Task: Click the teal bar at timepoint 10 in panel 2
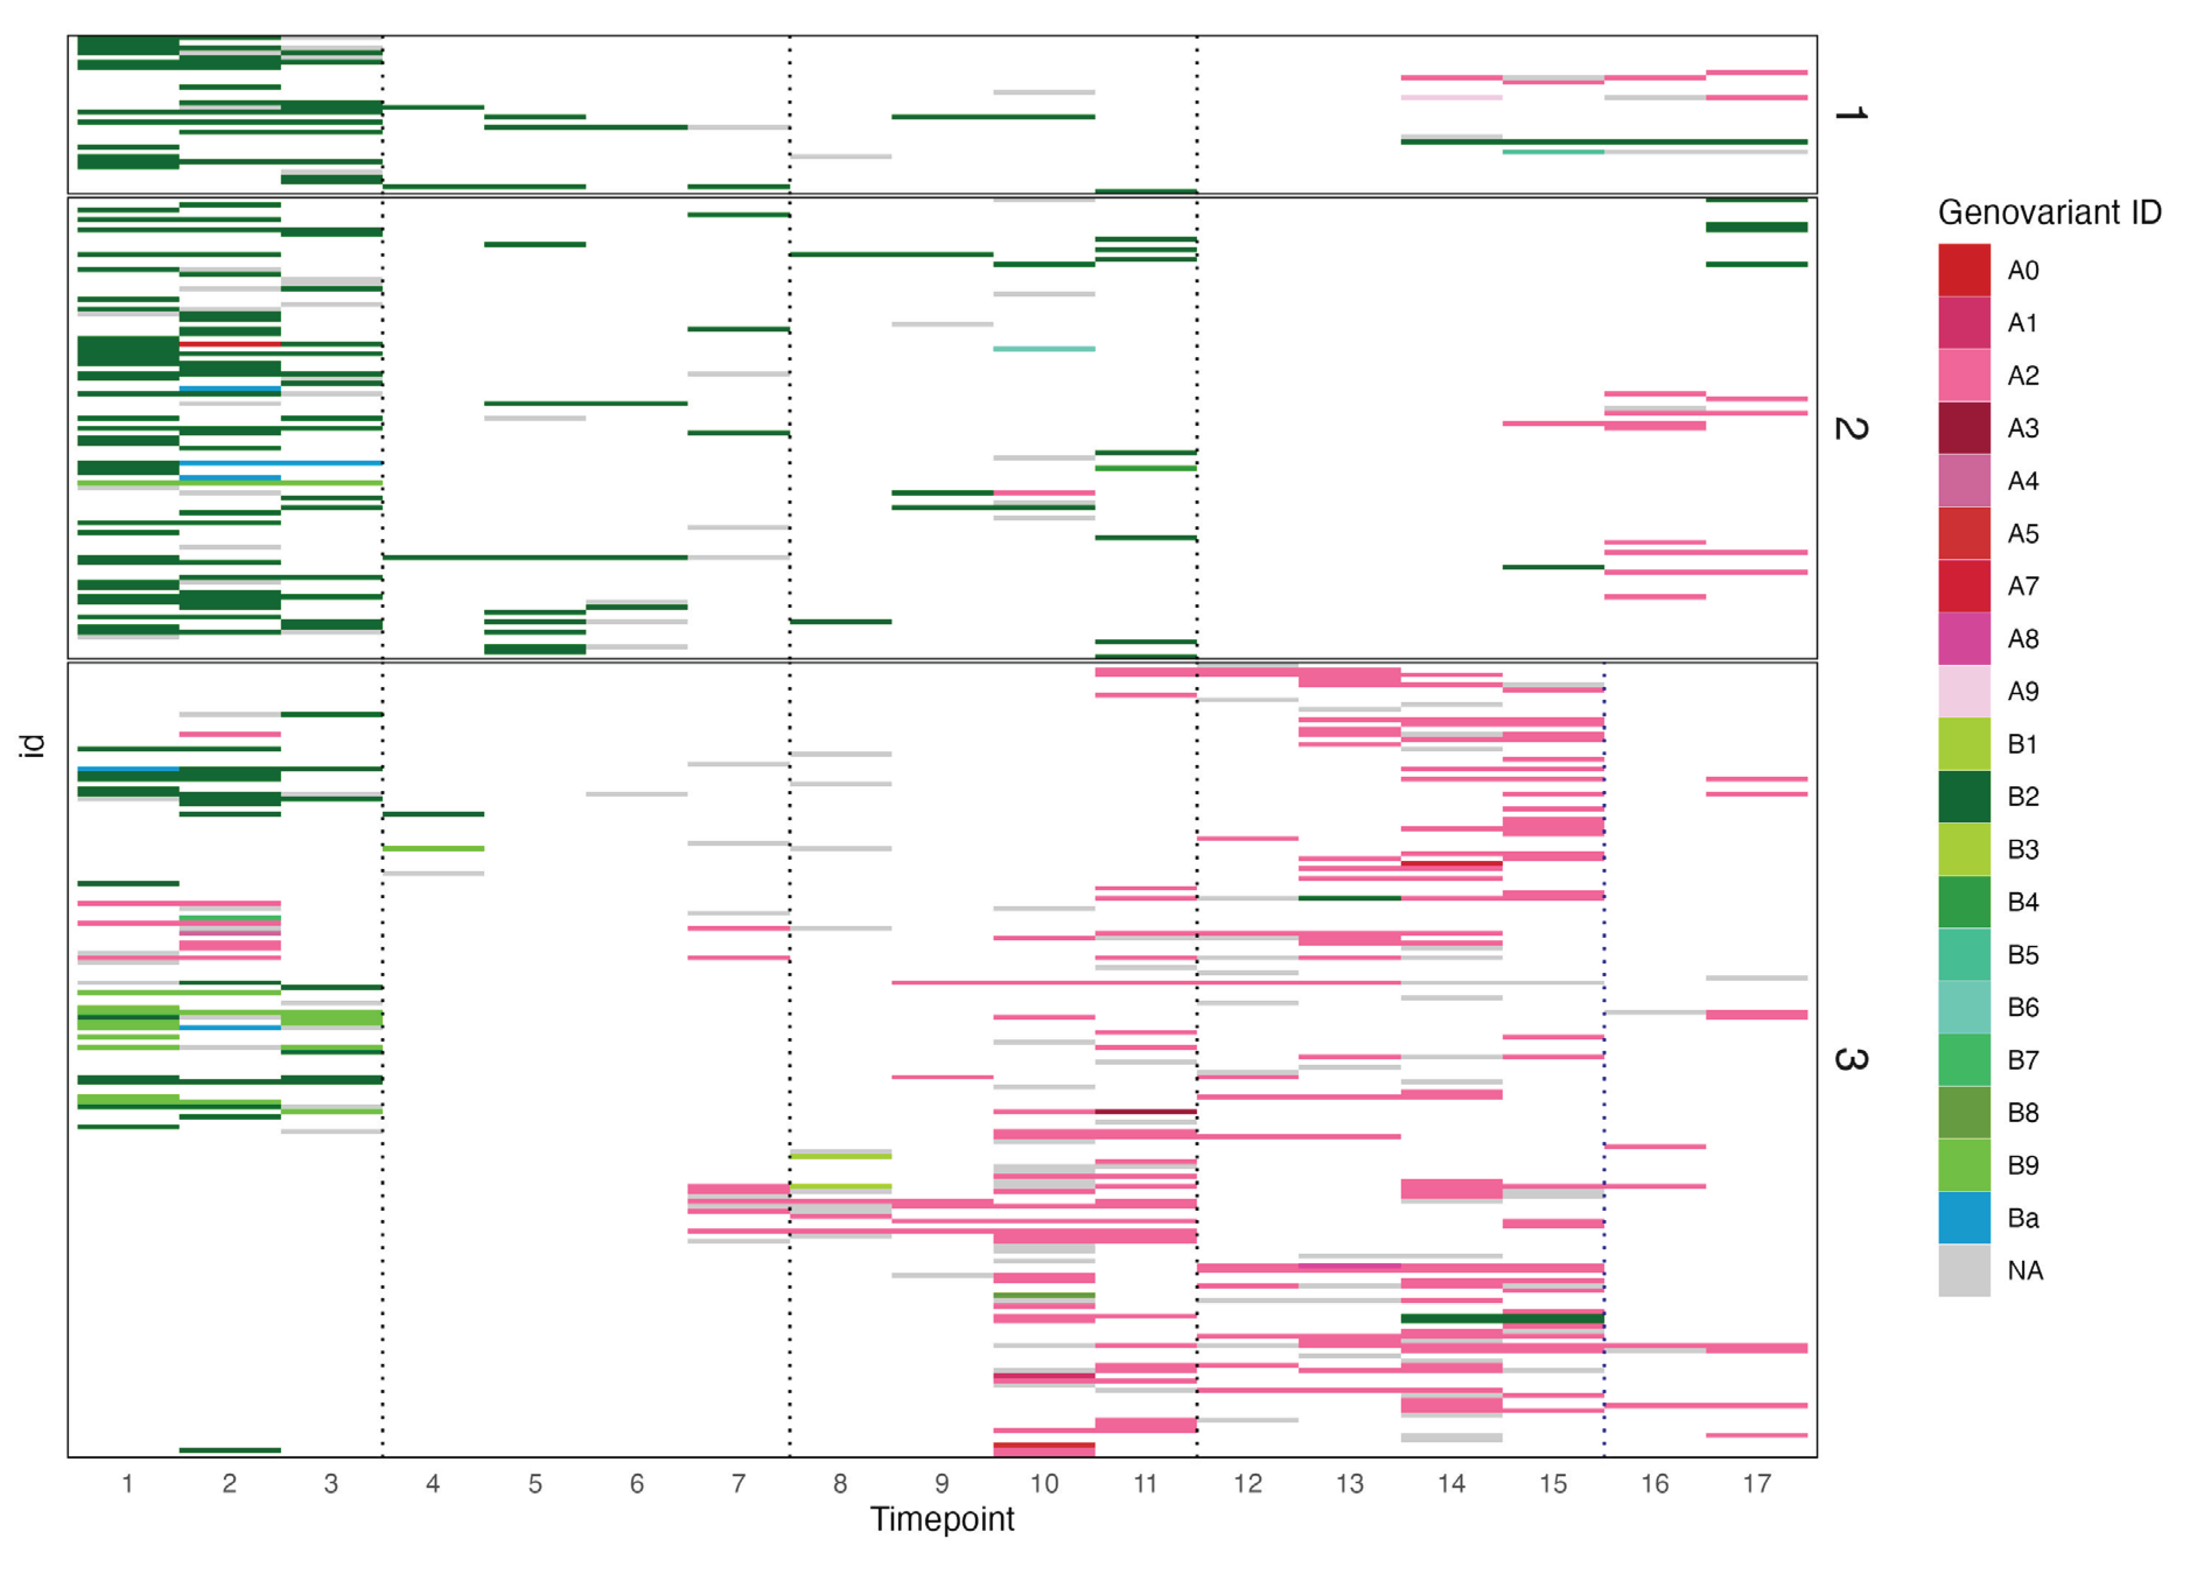click(x=1043, y=348)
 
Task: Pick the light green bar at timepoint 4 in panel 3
click(x=432, y=848)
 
